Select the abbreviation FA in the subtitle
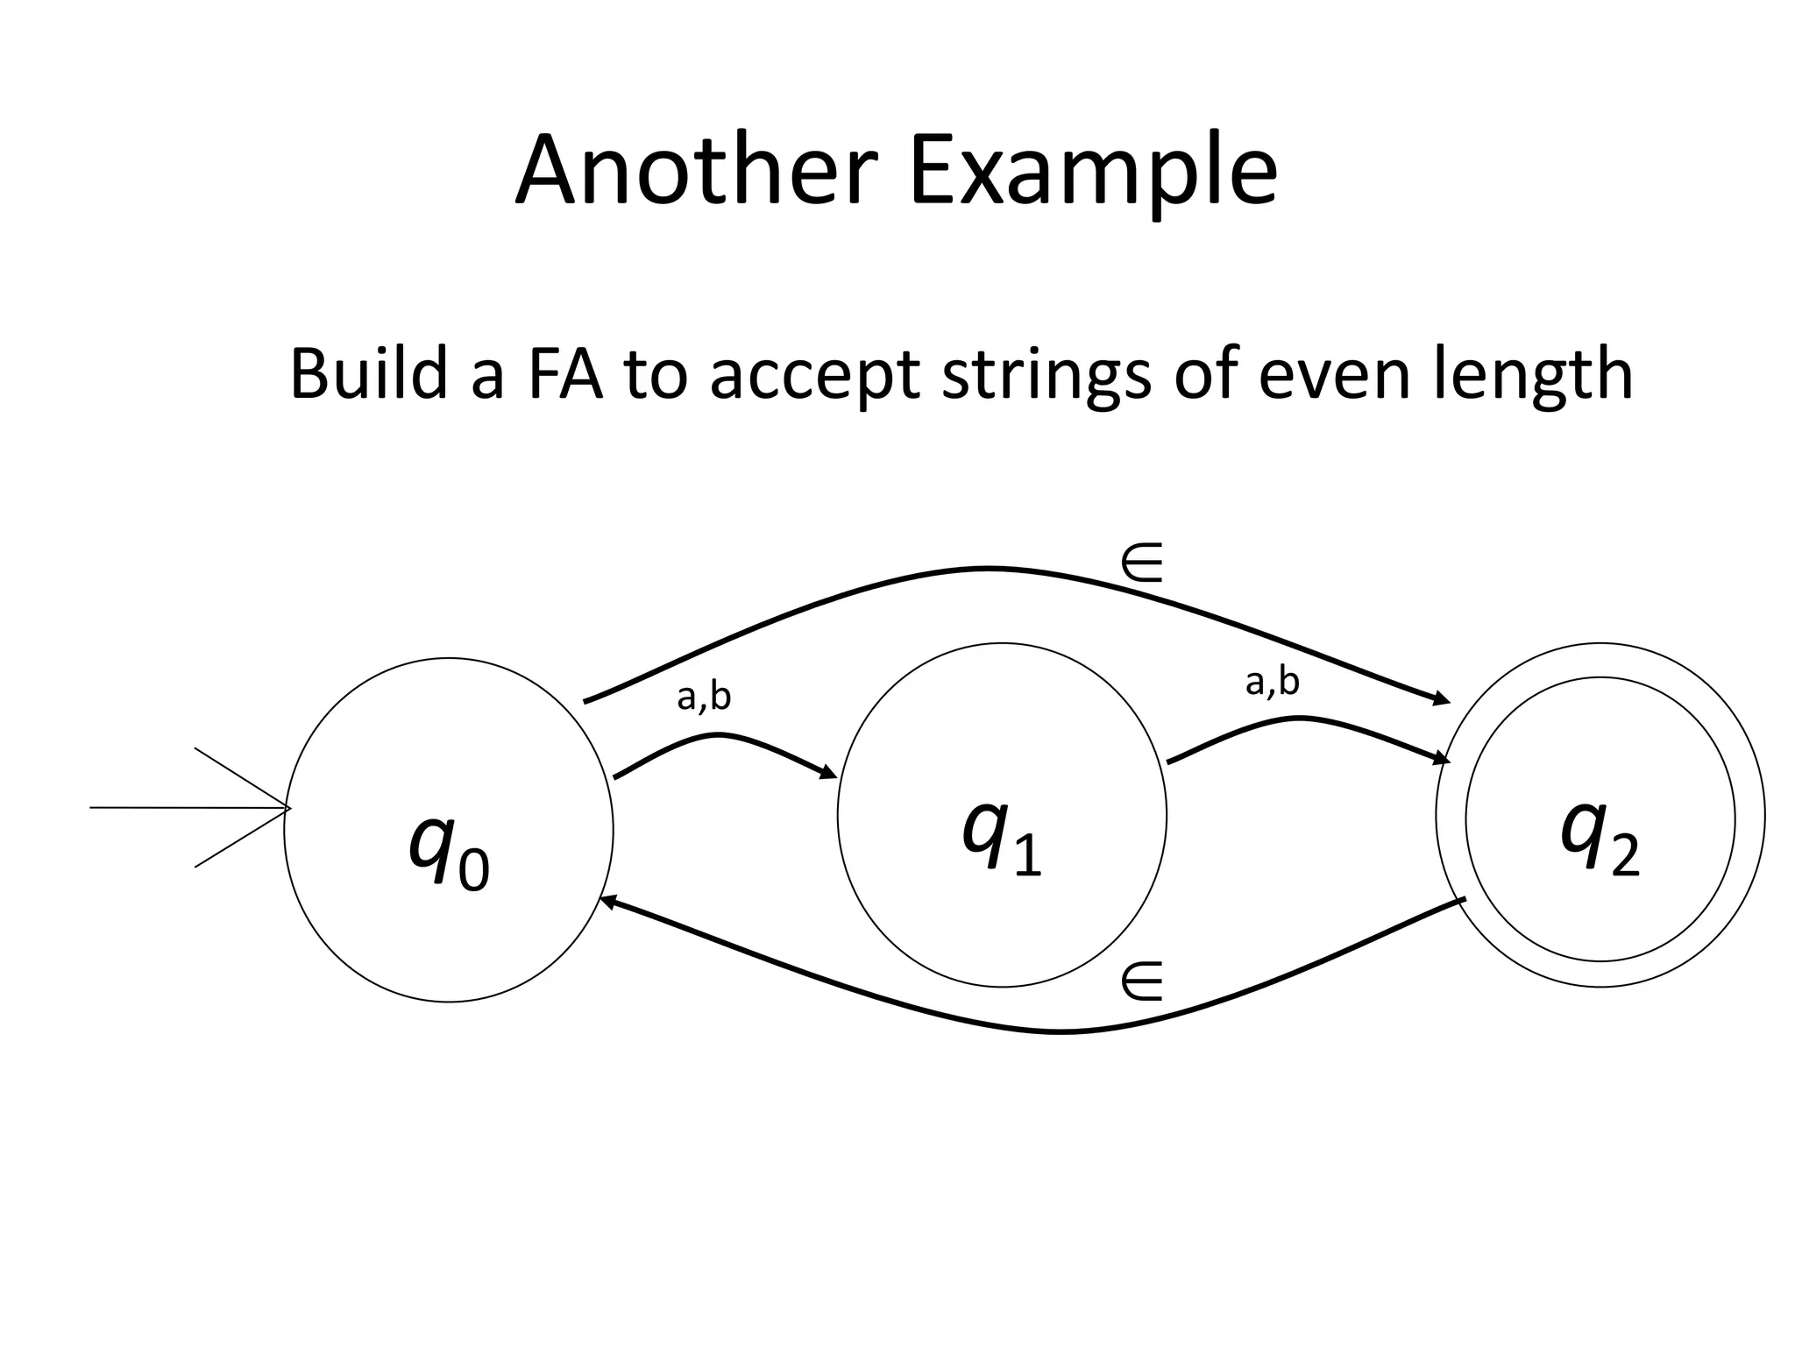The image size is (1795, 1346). [x=565, y=374]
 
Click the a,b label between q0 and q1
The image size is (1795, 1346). [x=704, y=697]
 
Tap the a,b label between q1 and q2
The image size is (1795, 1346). [x=1272, y=681]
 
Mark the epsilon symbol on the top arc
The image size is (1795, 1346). [x=1142, y=563]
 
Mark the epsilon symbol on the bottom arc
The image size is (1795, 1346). [x=1142, y=981]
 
